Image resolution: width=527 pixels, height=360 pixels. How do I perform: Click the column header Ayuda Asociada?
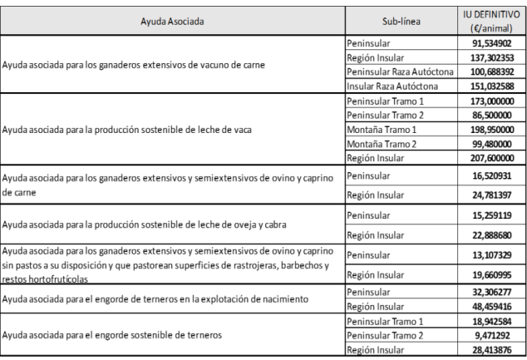170,17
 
